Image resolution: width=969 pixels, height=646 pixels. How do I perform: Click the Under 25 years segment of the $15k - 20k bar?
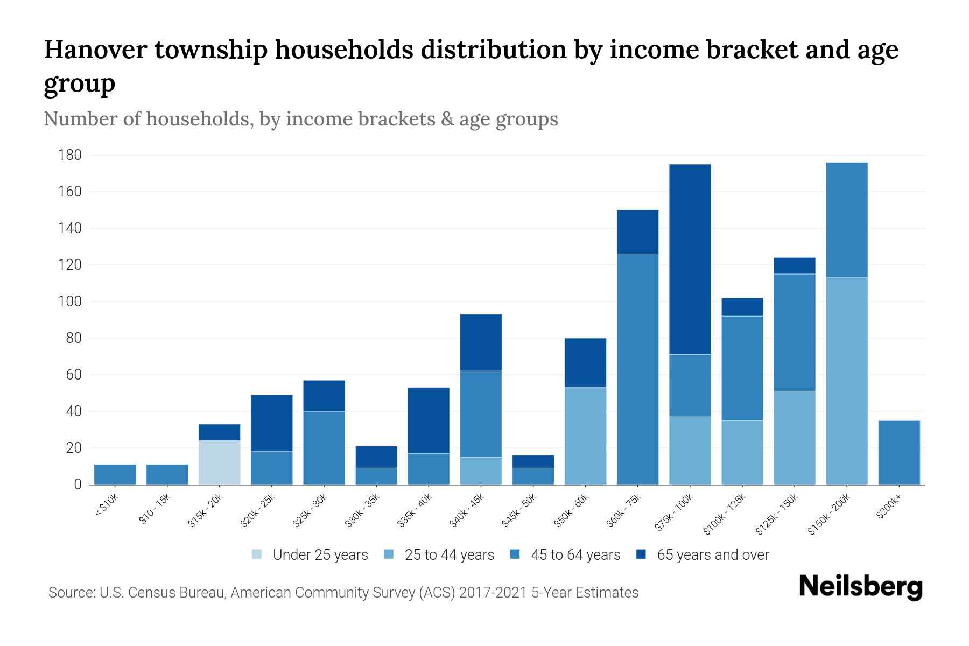click(x=220, y=462)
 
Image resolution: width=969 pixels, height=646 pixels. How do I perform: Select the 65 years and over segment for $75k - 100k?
click(x=690, y=259)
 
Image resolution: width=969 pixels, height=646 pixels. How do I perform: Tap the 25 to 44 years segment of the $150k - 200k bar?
click(x=846, y=381)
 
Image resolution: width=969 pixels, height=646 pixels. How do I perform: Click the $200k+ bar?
click(x=898, y=452)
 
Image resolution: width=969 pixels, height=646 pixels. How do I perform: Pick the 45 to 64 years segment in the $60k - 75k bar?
click(x=637, y=369)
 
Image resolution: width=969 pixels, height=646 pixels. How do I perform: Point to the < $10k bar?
click(x=115, y=474)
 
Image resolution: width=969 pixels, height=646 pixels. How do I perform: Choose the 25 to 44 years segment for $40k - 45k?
click(x=481, y=471)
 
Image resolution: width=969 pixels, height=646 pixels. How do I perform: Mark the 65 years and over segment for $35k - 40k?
click(x=429, y=420)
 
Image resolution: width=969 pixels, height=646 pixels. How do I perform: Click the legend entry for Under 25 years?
click(x=310, y=555)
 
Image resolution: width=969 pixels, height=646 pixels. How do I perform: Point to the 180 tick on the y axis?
click(x=70, y=155)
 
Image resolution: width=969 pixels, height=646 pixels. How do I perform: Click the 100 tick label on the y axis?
click(x=70, y=301)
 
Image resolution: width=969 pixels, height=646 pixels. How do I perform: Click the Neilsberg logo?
click(x=860, y=587)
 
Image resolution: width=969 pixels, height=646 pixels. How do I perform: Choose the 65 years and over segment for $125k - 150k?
click(x=794, y=265)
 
